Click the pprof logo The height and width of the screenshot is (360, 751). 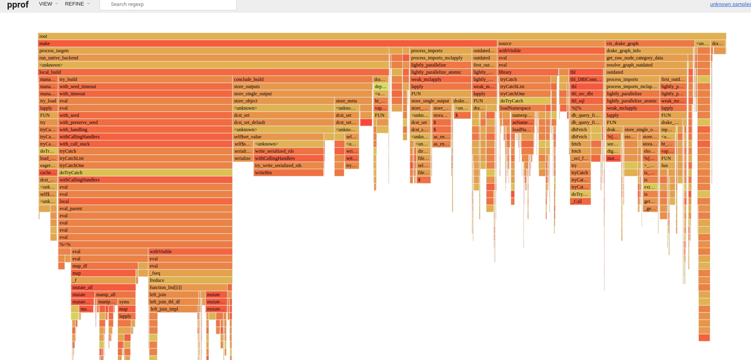click(18, 5)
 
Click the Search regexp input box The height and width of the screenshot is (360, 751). click(168, 4)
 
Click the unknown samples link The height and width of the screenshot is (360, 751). click(730, 4)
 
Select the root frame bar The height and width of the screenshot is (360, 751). click(382, 36)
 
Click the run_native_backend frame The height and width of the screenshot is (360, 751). click(213, 58)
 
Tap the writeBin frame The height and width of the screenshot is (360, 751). click(288, 173)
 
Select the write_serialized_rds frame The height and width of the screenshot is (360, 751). click(288, 151)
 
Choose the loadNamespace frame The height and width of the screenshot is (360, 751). click(522, 108)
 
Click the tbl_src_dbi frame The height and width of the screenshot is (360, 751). click(586, 94)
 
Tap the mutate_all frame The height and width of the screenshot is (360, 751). click(103, 287)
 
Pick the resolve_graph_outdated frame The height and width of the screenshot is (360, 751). click(645, 65)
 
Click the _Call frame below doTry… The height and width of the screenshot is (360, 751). click(580, 201)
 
